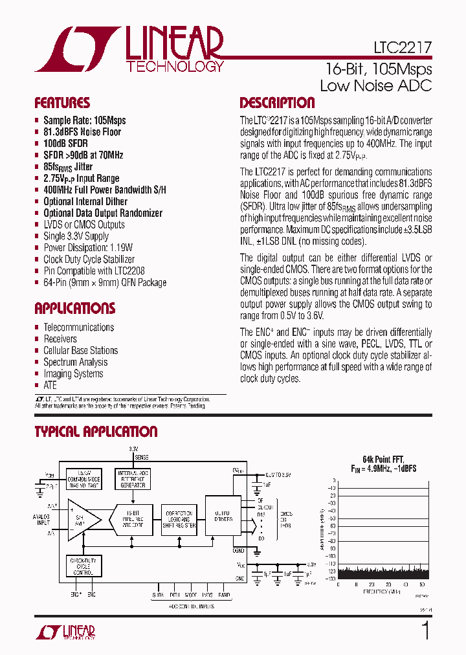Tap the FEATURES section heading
click(x=62, y=103)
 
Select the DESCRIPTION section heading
click(x=277, y=103)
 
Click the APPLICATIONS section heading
click(x=74, y=308)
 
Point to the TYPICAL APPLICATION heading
click(x=96, y=432)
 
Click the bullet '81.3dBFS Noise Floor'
click(x=82, y=132)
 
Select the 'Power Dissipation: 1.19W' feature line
click(x=88, y=248)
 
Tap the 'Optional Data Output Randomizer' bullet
click(x=103, y=213)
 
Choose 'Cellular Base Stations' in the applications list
click(x=81, y=351)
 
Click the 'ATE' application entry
click(x=50, y=386)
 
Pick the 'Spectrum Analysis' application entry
click(x=76, y=362)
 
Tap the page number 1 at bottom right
click(x=425, y=630)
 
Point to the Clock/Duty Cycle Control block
click(x=83, y=566)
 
